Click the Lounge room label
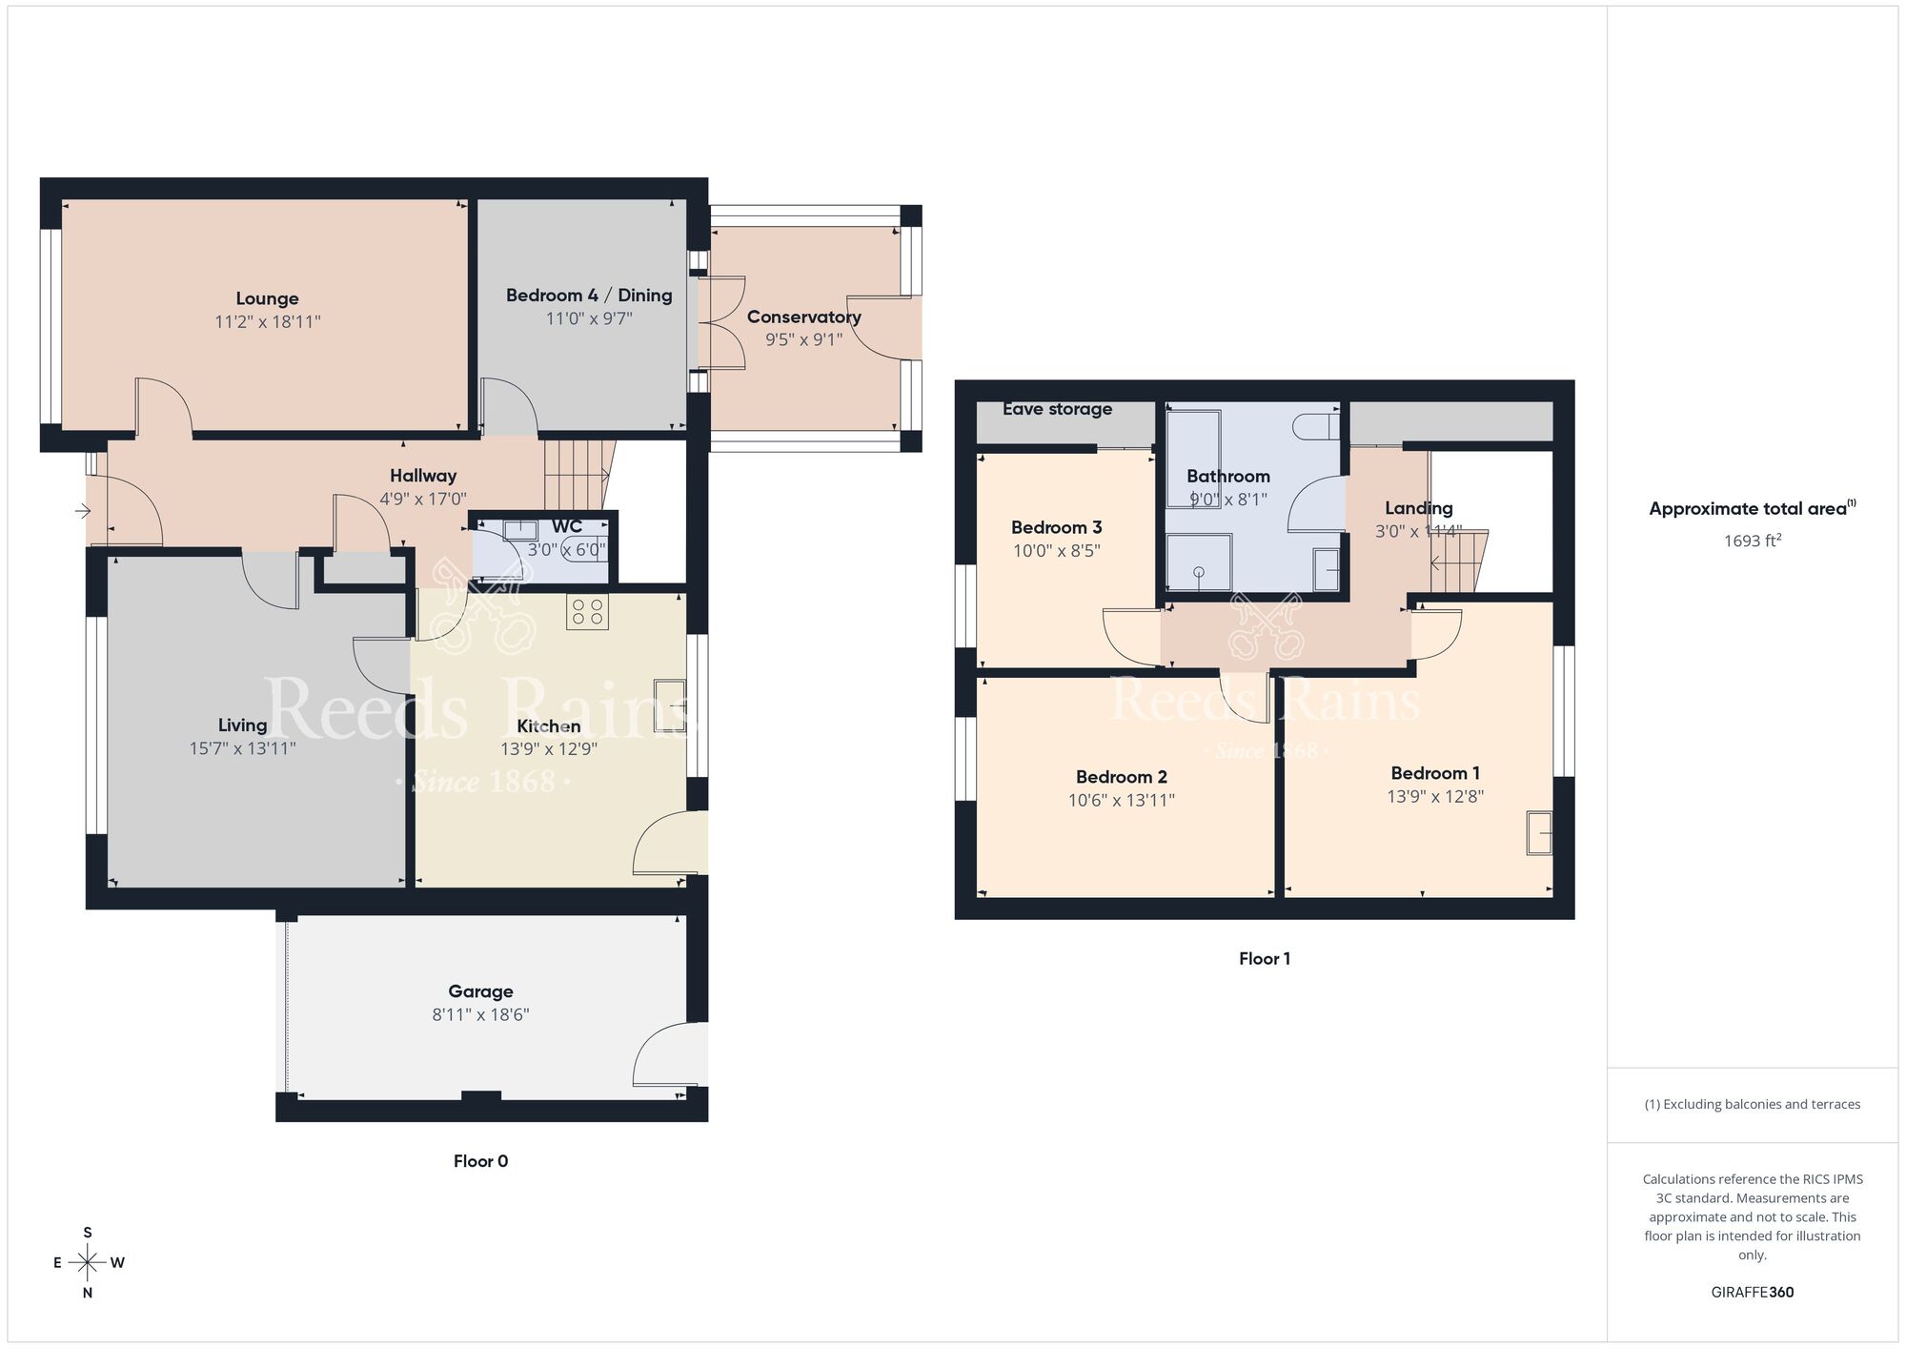coord(267,298)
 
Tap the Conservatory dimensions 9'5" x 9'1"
coord(803,340)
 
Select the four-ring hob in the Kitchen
coord(587,612)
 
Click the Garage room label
coord(480,991)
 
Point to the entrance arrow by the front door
coord(83,512)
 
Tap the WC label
coord(567,527)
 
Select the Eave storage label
coord(1057,409)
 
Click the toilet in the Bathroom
coord(1317,425)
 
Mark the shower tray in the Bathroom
coord(1199,562)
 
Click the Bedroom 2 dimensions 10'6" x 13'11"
coord(1121,801)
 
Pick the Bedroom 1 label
coord(1434,773)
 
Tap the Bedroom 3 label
coord(1056,527)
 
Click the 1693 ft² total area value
coord(1752,541)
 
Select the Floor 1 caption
coord(1264,959)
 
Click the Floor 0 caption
coord(480,1161)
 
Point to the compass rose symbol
coord(88,1263)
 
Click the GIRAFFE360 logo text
coord(1752,1293)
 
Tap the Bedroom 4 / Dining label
coord(589,296)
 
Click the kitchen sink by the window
coord(669,705)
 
